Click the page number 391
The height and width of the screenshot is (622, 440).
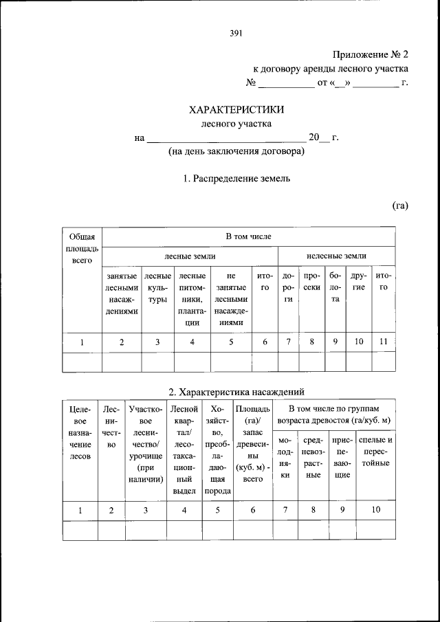pos(236,32)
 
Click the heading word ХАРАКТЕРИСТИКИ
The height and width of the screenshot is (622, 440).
pos(236,109)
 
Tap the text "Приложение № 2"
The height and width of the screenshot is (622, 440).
pos(371,54)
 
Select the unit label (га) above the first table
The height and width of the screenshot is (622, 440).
pos(401,206)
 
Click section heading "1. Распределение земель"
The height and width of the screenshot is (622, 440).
pos(236,179)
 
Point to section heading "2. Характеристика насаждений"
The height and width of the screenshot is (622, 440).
pos(236,392)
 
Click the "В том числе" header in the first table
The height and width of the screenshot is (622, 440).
pos(248,236)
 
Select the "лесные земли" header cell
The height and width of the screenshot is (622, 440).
pos(189,256)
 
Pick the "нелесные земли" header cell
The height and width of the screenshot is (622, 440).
pos(336,256)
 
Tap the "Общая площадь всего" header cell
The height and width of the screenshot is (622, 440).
pos(82,248)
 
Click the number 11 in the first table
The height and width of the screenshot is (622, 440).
pos(384,342)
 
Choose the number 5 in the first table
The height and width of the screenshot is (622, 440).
pos(230,342)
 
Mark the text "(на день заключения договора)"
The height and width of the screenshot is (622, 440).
pos(236,152)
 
